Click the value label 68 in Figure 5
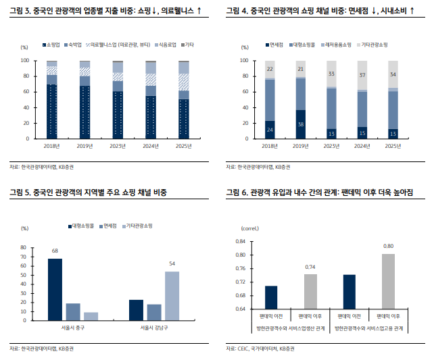point(55,251)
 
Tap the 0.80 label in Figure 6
point(388,247)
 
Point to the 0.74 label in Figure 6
point(310,267)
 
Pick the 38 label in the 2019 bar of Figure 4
point(300,124)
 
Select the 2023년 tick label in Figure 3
point(118,146)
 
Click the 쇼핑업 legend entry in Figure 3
point(53,45)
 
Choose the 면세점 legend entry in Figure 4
point(273,45)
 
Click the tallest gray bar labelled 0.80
point(388,281)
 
